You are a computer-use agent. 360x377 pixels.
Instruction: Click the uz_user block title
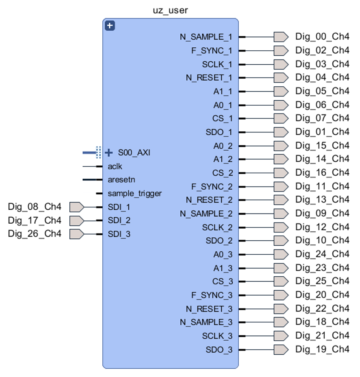click(170, 10)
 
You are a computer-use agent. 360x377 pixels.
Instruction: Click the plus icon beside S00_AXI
click(109, 153)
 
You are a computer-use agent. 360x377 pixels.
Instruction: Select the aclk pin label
click(115, 167)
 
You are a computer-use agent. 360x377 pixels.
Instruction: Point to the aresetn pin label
click(121, 179)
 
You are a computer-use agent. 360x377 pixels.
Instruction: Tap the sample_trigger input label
click(135, 194)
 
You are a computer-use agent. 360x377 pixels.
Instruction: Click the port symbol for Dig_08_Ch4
click(77, 207)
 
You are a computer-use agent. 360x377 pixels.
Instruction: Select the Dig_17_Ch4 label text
click(34, 220)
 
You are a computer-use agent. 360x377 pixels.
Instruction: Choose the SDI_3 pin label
click(119, 234)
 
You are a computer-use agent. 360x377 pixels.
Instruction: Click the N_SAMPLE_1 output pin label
click(206, 37)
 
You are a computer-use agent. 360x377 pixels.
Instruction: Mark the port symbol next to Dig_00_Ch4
click(281, 37)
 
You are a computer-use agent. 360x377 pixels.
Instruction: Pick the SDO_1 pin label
click(219, 132)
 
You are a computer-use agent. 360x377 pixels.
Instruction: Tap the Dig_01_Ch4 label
click(322, 132)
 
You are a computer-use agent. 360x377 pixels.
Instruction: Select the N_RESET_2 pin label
click(209, 200)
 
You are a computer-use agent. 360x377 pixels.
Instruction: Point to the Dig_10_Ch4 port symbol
click(281, 241)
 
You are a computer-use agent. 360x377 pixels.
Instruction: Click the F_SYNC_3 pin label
click(212, 295)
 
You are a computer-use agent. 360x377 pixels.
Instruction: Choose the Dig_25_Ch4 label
click(322, 281)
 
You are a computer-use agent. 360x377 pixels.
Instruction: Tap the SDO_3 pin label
click(219, 350)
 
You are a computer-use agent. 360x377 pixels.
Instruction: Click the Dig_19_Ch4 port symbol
click(281, 349)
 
